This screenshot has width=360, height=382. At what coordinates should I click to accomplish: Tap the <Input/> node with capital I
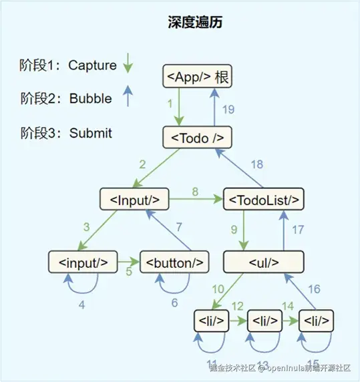pos(134,198)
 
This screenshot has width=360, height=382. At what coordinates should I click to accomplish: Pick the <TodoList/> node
pos(263,198)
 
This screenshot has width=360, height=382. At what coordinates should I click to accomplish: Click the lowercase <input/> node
pos(83,261)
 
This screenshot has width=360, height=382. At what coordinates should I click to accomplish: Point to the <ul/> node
pos(263,261)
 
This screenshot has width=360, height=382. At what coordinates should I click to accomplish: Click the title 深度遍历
pos(195,22)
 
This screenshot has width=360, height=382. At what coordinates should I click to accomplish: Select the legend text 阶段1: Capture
pos(68,65)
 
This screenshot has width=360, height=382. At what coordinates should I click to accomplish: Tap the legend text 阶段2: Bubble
pos(66,98)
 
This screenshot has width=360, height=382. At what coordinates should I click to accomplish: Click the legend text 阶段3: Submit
pos(66,132)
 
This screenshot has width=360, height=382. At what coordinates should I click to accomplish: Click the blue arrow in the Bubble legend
pos(128,98)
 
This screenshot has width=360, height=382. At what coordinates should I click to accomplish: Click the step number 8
pos(194,192)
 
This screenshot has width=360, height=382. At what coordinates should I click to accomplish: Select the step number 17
pos(298,229)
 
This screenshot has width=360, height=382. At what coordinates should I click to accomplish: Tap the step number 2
pos(142,164)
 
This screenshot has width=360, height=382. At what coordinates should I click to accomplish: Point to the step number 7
pos(178,227)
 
